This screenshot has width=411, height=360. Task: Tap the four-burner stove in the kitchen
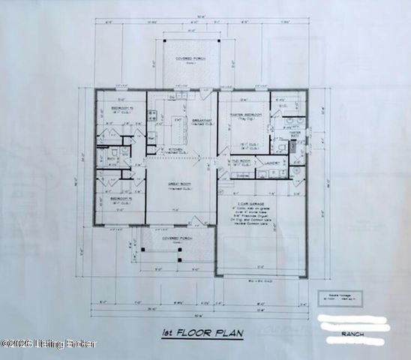click(x=151, y=115)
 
